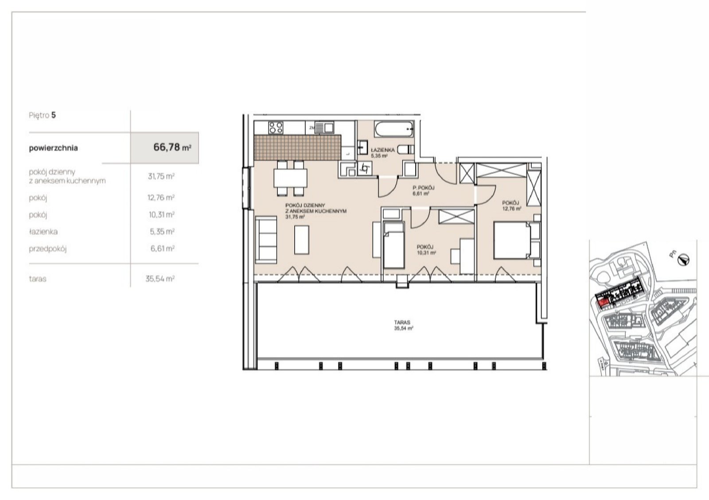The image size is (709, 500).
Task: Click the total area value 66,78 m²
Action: (172, 147)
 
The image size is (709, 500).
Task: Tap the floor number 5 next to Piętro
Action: (54, 115)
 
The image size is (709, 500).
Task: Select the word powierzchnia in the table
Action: (53, 148)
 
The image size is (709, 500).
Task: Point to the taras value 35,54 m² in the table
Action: (160, 279)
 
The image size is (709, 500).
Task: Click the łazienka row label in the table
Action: (43, 232)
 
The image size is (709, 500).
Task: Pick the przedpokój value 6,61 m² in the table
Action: (162, 248)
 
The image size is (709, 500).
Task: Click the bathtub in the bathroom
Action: (394, 129)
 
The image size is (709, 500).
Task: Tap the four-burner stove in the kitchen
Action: (276, 128)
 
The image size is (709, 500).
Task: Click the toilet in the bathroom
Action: (405, 149)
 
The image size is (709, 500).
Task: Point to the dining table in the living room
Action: (291, 178)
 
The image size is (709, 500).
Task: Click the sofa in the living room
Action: (266, 240)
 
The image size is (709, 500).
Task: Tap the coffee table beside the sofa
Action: (302, 240)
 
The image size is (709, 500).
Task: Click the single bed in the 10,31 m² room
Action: (394, 245)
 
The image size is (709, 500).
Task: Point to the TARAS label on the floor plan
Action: (402, 322)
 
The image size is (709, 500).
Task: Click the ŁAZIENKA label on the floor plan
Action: (383, 150)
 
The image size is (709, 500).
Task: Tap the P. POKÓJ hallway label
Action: (424, 188)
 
